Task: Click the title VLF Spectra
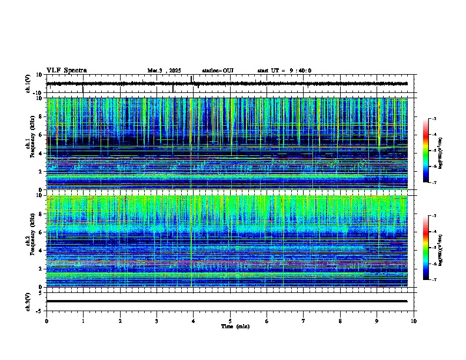coord(66,71)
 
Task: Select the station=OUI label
coord(218,71)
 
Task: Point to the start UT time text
coord(284,71)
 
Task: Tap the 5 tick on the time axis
coord(231,321)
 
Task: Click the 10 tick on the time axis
coord(414,321)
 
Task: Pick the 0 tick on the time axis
coord(46,321)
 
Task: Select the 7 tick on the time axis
coord(304,321)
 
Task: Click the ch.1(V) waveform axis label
coord(28,84)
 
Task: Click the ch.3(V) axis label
coord(28,301)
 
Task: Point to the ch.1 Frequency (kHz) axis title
coord(31,144)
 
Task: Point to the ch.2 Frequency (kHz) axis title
coord(31,241)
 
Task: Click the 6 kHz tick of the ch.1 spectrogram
coord(41,135)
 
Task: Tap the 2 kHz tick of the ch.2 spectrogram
coord(41,269)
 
